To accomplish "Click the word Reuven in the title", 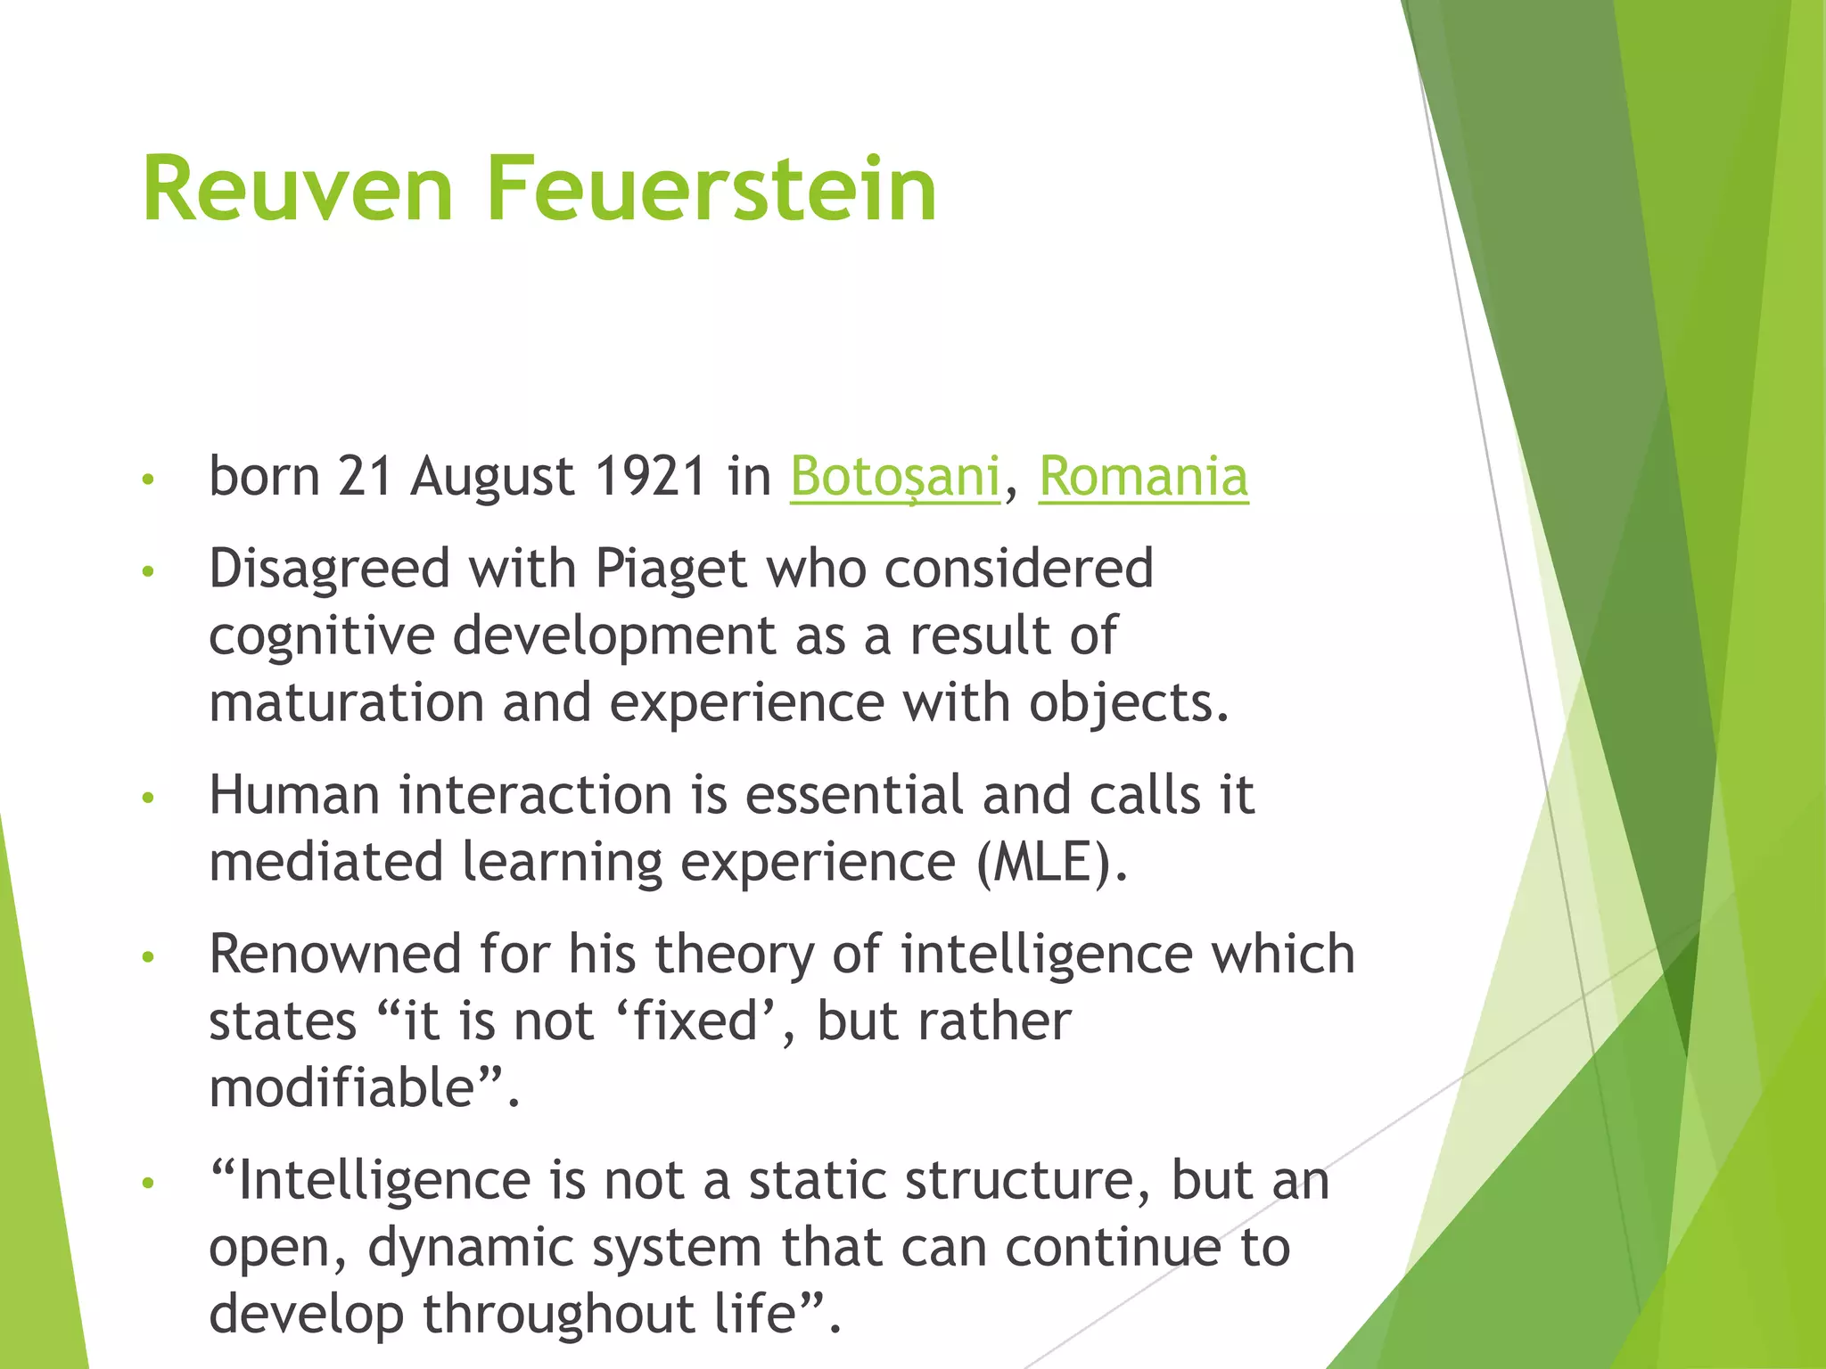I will coord(298,189).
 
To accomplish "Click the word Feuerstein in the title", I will coord(711,189).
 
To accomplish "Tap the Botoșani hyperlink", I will coord(894,476).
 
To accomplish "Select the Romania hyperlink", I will coord(1143,476).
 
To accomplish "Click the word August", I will coord(492,478).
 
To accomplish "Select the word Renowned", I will coord(335,954).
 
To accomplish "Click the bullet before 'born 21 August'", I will coord(148,480).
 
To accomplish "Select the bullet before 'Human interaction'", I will coord(148,798).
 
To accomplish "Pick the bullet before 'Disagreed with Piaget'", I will coord(148,571).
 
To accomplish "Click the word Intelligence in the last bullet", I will coord(385,1181).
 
